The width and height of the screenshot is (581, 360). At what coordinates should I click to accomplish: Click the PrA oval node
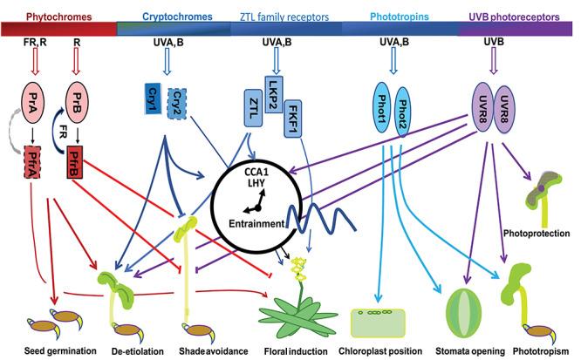33,103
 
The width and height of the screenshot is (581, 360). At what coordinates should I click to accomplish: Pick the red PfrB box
75,162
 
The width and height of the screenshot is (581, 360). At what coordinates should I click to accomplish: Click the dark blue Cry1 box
153,98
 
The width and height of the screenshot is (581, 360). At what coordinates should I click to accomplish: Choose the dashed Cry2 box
177,104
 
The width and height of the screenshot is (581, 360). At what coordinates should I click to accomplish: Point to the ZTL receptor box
254,108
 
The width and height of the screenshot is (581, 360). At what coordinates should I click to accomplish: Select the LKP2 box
274,94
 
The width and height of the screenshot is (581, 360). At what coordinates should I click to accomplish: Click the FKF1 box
293,119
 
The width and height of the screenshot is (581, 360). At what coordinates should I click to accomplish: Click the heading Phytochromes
59,17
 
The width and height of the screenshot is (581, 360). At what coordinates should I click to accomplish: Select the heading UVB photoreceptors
515,17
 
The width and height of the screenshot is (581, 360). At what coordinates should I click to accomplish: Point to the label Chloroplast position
380,351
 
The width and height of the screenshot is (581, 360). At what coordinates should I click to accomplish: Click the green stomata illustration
463,307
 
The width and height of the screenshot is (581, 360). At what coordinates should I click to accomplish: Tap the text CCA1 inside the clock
256,173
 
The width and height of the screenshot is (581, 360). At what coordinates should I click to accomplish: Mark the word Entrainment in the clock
256,224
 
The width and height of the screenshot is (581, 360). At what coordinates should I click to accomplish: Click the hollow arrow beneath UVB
493,61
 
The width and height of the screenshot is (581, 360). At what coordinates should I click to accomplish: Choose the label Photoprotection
537,234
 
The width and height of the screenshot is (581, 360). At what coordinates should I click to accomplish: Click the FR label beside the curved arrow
63,132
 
